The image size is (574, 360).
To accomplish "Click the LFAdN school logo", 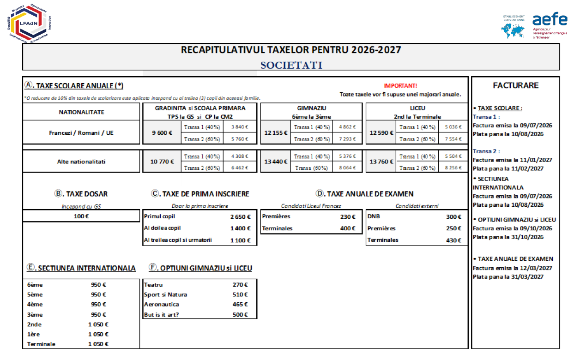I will [29, 23].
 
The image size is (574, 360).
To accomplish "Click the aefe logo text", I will [550, 19].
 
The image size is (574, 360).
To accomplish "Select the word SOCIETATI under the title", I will [291, 65].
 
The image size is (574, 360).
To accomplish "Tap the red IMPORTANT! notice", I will [400, 85].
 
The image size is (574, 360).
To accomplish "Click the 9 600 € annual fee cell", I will [163, 133].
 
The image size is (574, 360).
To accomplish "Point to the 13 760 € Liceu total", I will [382, 161].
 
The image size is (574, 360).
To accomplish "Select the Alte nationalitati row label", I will [81, 161].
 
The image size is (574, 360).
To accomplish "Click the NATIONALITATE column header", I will [81, 112].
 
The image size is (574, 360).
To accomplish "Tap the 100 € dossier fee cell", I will [81, 216].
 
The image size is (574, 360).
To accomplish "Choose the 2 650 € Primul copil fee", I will [240, 216].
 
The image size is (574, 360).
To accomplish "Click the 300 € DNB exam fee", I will [453, 216].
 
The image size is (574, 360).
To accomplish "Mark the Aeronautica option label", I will [162, 305].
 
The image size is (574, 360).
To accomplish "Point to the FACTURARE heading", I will [515, 85].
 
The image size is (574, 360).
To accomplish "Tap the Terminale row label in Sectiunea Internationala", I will [41, 344].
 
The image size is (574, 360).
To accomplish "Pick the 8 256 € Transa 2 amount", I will [453, 168].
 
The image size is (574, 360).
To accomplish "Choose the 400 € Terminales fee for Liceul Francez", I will [348, 228].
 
